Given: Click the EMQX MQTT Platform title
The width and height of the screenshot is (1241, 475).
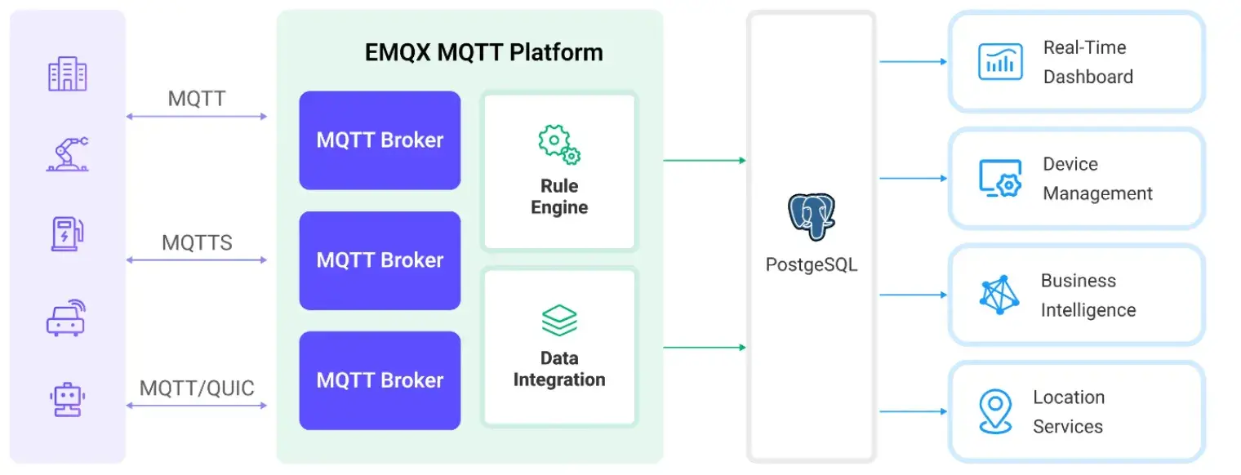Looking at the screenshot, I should click(483, 53).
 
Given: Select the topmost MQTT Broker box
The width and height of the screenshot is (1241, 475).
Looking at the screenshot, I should click(380, 140).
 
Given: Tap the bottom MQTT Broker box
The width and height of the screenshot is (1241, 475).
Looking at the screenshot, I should click(380, 380).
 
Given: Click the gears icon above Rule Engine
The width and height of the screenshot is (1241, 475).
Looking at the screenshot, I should click(559, 145).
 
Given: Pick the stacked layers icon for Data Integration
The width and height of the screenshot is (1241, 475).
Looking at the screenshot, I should click(559, 321).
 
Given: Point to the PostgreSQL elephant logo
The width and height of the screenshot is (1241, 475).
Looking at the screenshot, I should click(811, 216).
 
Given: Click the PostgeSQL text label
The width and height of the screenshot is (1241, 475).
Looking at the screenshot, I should click(811, 265).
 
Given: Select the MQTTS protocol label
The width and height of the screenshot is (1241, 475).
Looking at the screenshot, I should click(197, 242).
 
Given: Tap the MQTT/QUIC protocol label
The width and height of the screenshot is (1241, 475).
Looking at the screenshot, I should click(197, 388).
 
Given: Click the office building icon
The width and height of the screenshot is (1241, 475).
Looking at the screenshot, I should click(67, 74).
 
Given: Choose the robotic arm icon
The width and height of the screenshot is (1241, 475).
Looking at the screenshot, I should click(67, 154).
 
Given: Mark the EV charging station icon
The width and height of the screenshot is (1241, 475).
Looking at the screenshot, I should click(67, 233).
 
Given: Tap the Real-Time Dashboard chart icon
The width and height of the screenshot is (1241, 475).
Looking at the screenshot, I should click(1000, 62).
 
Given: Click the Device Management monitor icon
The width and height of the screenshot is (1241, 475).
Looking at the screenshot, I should click(1000, 179).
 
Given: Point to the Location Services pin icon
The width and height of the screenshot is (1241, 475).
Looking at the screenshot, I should click(995, 411).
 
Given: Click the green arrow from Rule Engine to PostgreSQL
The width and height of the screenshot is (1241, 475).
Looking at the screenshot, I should click(705, 161).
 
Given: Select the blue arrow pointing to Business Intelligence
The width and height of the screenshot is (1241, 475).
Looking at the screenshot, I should click(913, 295).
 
